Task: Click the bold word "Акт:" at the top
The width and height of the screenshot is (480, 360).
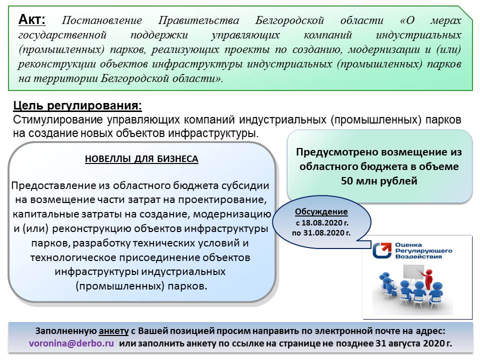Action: [31, 20]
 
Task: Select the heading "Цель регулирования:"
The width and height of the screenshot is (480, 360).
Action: [77, 106]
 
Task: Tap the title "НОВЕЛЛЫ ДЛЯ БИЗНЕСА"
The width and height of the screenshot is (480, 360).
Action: [141, 159]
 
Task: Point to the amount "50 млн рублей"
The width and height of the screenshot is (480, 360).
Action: [378, 181]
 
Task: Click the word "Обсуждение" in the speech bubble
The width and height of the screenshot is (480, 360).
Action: [321, 211]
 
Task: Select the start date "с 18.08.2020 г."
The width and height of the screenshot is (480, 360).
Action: [321, 222]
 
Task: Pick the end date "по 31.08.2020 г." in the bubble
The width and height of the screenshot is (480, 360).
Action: [321, 232]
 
